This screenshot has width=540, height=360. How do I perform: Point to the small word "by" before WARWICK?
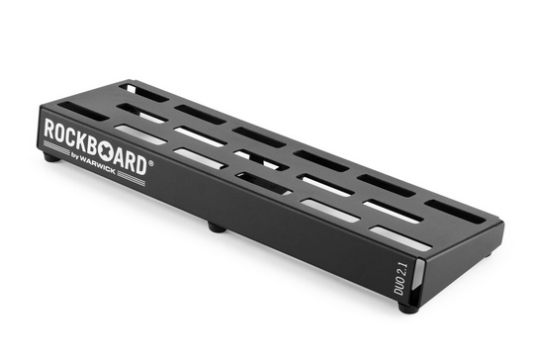tap(75, 155)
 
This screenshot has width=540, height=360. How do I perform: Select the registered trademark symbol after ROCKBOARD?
tap(150, 162)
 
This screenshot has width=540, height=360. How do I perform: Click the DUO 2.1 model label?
tap(401, 278)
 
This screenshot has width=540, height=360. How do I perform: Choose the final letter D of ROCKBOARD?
tap(141, 165)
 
